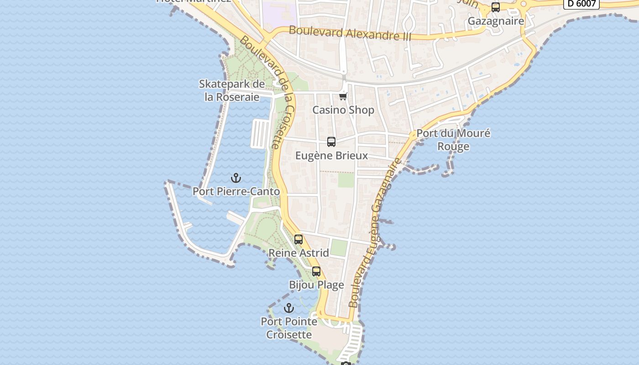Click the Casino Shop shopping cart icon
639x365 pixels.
[343, 96]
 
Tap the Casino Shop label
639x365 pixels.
[343, 110]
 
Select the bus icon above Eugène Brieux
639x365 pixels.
[331, 142]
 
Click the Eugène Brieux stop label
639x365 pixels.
[331, 156]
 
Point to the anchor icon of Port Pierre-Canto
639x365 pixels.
[236, 178]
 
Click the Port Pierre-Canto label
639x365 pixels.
[236, 192]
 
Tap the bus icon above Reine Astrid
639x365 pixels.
[299, 239]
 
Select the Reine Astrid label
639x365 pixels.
[299, 253]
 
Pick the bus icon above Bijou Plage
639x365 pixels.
[316, 271]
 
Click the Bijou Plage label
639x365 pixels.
[316, 285]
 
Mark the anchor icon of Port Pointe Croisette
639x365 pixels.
[288, 308]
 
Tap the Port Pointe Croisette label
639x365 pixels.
[289, 328]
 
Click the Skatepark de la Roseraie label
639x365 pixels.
[232, 90]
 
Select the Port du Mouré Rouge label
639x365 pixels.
[453, 140]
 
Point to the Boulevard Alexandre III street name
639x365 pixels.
[350, 33]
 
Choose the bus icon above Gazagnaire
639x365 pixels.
[496, 7]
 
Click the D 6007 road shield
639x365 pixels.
[581, 4]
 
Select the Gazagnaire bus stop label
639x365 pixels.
[496, 21]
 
